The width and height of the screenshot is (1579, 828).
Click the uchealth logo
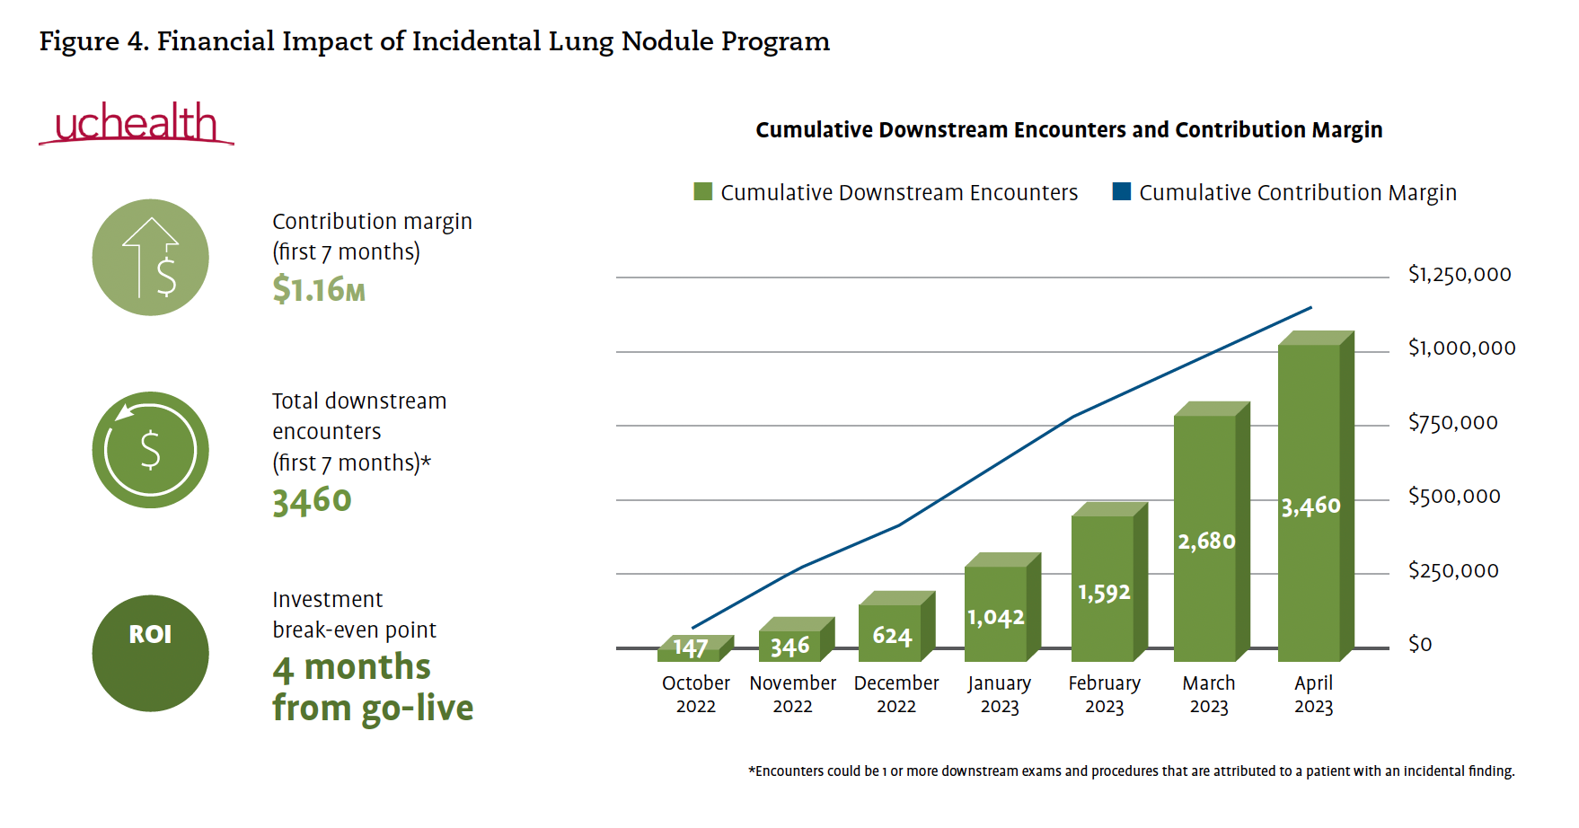137,124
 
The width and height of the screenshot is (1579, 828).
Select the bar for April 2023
1310,503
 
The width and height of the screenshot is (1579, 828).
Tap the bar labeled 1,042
995,614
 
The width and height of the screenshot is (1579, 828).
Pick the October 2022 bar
690,649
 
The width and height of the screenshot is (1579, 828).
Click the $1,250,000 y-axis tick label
1460,275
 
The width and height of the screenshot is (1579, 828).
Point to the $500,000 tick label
1454,497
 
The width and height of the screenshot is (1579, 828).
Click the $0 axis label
1420,645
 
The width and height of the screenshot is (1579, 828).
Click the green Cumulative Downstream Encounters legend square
702,192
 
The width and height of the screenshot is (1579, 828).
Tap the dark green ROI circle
151,653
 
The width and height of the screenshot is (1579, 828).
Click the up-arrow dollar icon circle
151,257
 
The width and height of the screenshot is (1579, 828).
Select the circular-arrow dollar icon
151,449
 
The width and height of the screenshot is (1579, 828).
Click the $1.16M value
319,290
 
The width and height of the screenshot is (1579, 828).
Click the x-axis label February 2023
1104,694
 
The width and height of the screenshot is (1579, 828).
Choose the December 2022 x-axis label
896,694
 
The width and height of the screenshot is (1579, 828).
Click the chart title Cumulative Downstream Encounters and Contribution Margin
1069,130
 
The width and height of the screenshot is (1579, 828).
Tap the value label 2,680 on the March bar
1206,542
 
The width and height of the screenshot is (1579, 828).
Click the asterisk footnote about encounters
1131,771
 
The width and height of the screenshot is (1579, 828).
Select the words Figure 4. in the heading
93,41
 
